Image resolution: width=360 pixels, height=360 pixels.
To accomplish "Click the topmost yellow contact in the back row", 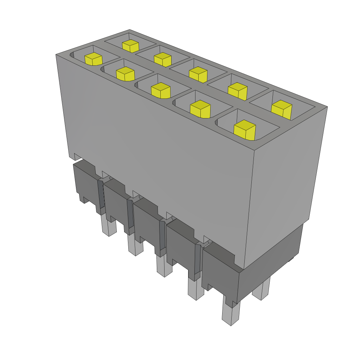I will [x=130, y=46].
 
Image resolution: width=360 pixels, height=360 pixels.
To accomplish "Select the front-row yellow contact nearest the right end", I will [x=244, y=130].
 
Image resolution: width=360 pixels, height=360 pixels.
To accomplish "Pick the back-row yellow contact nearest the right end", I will [x=282, y=109].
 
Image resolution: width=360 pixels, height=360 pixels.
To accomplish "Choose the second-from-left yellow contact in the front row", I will [x=125, y=73].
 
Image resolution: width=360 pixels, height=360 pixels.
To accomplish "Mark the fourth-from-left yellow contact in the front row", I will [x=200, y=109].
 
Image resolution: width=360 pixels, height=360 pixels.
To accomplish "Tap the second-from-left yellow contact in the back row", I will [x=162, y=59].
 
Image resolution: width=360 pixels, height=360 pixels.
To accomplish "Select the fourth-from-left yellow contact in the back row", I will [x=237, y=91].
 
